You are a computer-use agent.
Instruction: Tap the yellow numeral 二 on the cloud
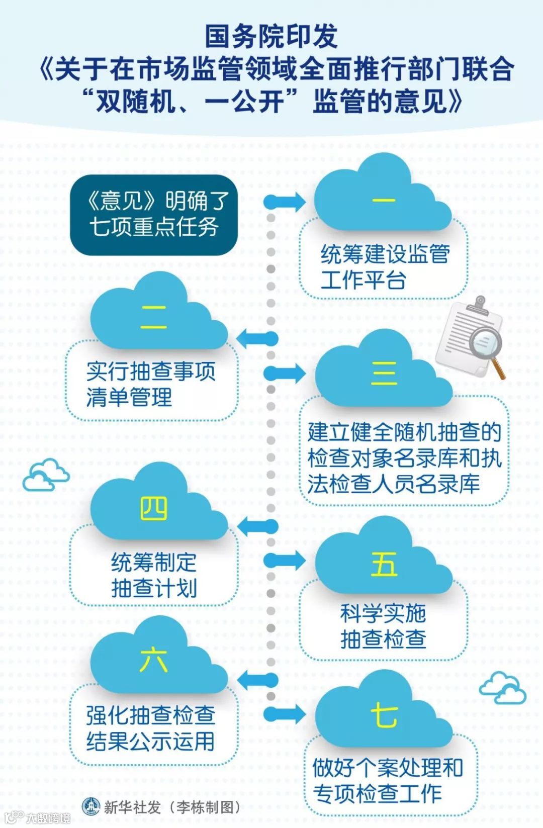click(153, 318)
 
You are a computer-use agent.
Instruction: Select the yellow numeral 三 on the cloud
click(384, 373)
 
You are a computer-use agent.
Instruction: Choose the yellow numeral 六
click(153, 659)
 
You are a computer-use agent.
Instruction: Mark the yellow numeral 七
click(384, 714)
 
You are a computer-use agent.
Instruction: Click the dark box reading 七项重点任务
click(153, 215)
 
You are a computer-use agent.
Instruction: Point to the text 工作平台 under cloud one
click(363, 281)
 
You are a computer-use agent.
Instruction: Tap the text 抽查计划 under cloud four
click(154, 588)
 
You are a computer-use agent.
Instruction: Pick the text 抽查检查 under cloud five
click(383, 639)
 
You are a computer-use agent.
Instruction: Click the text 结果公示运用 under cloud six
click(150, 741)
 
